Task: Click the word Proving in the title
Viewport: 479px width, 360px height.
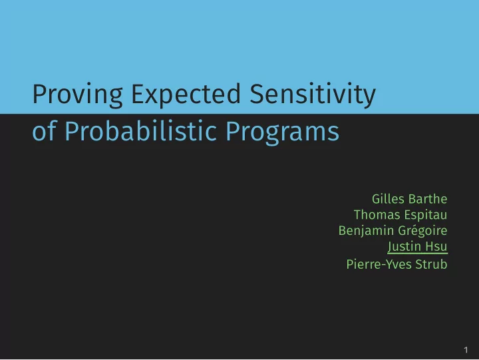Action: (78, 94)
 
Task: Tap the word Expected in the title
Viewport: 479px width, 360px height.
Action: (186, 94)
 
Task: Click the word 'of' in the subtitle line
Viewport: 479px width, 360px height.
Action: (44, 131)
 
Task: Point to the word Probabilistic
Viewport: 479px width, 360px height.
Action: (141, 131)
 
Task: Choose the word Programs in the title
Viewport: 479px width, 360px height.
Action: (282, 132)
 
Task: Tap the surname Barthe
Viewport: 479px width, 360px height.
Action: (428, 199)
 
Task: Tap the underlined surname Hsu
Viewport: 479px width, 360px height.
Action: (436, 246)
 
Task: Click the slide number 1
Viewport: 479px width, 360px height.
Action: (466, 350)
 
